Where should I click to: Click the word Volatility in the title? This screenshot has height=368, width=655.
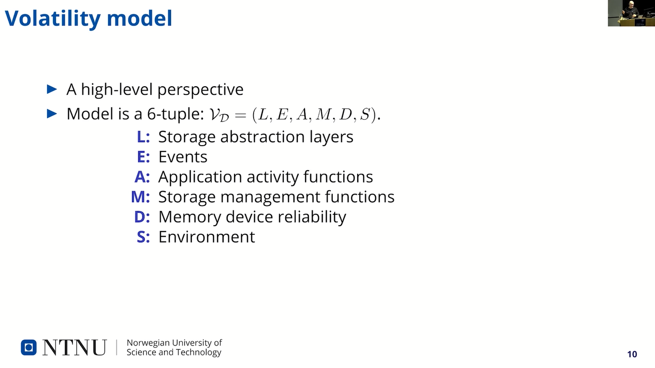53,19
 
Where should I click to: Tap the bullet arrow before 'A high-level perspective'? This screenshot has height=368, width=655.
52,89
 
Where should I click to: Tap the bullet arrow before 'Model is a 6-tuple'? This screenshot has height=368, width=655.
52,114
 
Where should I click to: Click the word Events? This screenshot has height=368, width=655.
183,157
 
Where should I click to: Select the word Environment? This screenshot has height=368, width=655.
207,237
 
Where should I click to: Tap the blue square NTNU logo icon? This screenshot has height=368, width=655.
28,347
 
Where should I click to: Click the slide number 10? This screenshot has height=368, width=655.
632,354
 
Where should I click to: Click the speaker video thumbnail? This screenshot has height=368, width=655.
631,13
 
